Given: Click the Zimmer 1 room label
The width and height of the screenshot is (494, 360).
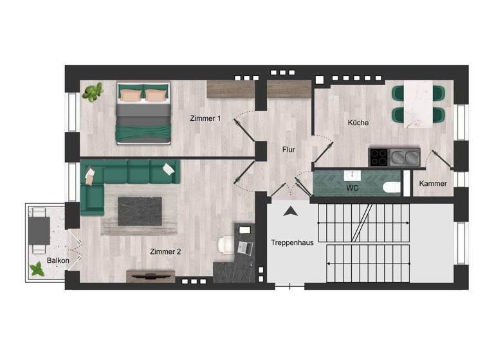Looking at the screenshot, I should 205,118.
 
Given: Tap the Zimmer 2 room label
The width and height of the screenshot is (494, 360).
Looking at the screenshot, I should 165,251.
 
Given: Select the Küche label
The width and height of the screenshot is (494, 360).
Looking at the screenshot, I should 358,122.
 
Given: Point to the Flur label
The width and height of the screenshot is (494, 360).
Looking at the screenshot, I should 289,150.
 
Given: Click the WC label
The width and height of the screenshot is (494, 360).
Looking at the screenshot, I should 352,188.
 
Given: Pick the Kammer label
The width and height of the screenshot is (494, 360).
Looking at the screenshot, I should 433,184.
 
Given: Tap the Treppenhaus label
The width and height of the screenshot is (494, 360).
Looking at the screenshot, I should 292,243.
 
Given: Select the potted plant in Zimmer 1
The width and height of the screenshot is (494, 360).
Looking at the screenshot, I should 93,93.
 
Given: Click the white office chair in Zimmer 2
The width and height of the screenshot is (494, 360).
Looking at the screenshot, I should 227,246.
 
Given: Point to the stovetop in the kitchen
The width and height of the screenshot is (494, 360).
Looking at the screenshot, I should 380,156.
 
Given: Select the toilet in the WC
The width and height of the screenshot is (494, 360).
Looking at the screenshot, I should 389,188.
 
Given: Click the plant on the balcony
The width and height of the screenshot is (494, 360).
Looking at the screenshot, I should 39,269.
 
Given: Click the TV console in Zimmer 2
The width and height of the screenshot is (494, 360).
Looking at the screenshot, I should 151,275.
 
